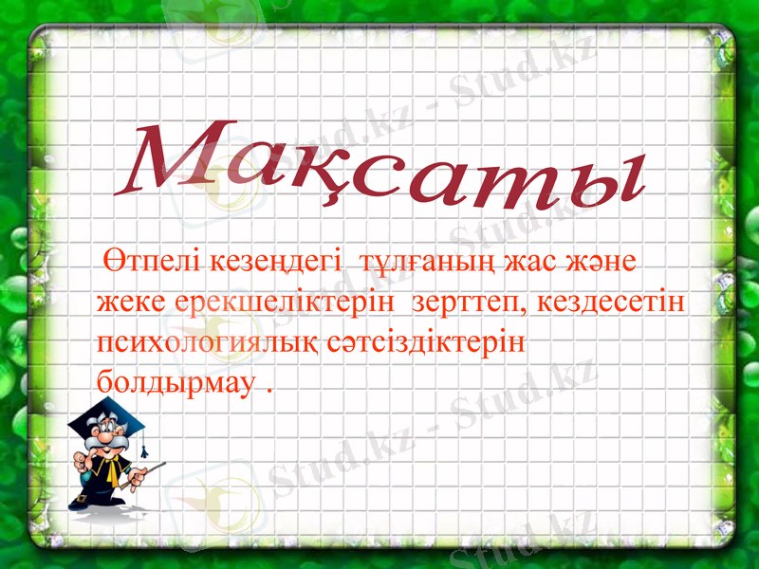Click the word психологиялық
tap(210, 342)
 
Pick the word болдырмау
tap(176, 383)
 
